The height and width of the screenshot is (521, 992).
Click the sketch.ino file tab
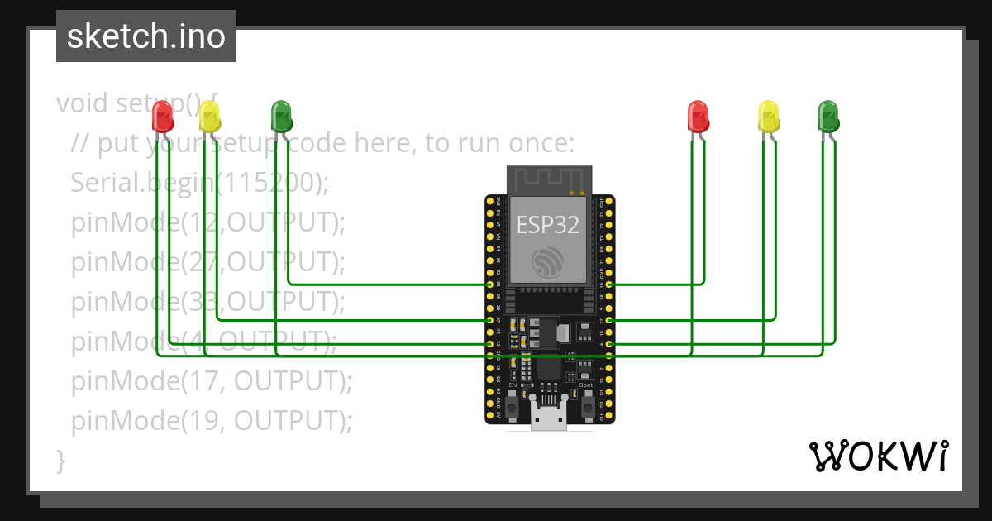(146, 36)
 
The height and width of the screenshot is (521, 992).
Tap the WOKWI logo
(878, 456)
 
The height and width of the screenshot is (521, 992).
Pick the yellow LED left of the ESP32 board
(210, 117)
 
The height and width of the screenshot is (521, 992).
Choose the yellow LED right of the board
(769, 116)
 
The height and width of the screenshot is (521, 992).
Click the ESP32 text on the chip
(547, 225)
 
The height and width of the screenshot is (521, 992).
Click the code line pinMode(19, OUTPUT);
(212, 421)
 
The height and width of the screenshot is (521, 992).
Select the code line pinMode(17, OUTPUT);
(212, 381)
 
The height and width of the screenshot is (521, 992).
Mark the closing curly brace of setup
(60, 461)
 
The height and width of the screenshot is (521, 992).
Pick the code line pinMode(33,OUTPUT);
(207, 302)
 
